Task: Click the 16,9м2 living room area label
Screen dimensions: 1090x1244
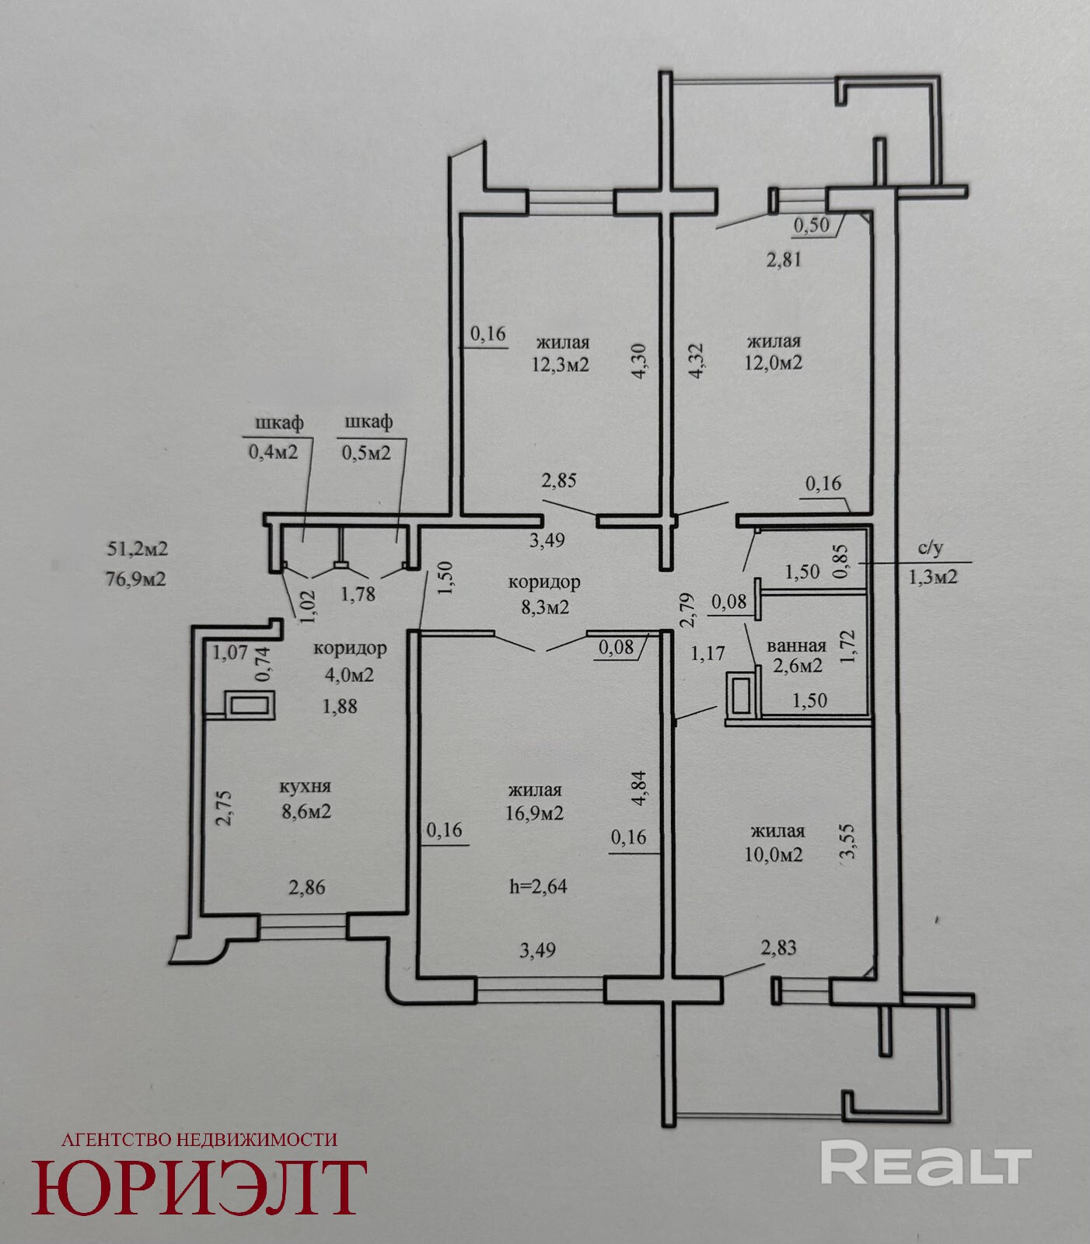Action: pyautogui.click(x=535, y=813)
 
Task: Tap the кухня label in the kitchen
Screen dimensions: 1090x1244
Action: pyautogui.click(x=306, y=788)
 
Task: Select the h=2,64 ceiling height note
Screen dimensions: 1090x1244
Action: pyautogui.click(x=538, y=886)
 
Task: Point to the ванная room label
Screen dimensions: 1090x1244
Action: pyautogui.click(x=796, y=646)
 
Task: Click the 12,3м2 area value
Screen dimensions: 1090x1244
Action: pyautogui.click(x=561, y=364)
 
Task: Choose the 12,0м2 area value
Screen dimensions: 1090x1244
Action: pyautogui.click(x=774, y=362)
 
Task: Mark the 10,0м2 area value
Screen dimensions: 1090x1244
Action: pyautogui.click(x=774, y=854)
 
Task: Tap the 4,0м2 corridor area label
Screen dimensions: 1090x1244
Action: pyautogui.click(x=349, y=674)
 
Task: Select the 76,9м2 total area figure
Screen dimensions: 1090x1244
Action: pyautogui.click(x=137, y=578)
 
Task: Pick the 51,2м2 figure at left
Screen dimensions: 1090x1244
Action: pyautogui.click(x=137, y=549)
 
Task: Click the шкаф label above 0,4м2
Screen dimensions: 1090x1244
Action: pyautogui.click(x=279, y=423)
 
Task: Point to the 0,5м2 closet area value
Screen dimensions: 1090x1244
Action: pyautogui.click(x=366, y=452)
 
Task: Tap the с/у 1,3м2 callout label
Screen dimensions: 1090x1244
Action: pyautogui.click(x=932, y=562)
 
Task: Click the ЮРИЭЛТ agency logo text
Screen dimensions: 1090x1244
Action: pyautogui.click(x=199, y=1186)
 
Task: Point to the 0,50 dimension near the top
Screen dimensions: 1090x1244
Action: pyautogui.click(x=811, y=225)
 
